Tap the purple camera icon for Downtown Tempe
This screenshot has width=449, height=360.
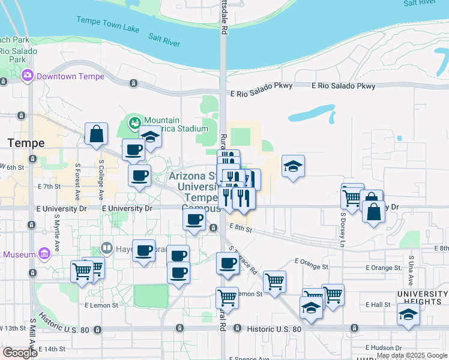point(27,76)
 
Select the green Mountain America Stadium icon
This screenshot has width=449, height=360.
point(135,122)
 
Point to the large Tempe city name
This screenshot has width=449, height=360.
point(26,143)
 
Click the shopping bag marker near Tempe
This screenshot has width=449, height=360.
point(96,135)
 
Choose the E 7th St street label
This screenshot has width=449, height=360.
point(49,187)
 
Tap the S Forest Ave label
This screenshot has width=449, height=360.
point(77,175)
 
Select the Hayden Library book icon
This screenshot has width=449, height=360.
point(107,247)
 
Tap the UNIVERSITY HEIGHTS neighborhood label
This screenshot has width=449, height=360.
point(422,297)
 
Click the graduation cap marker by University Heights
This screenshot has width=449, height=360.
point(408,314)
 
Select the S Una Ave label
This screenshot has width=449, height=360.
point(411,270)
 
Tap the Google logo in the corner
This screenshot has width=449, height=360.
point(19,353)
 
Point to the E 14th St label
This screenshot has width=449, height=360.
point(52,349)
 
